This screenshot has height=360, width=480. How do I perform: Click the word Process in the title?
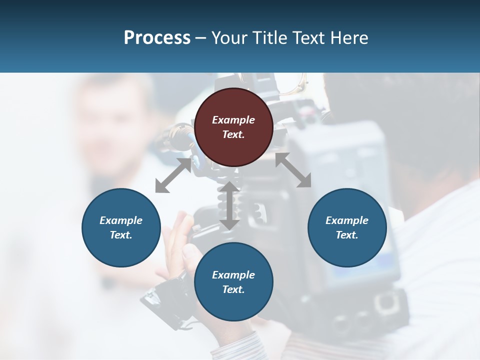pos(157,37)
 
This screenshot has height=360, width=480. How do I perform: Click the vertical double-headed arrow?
pos(229,205)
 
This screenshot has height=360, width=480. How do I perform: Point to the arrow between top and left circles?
pos(173,175)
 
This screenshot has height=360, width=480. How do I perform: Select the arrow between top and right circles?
pos(293,170)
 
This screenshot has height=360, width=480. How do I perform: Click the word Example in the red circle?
pos(233,120)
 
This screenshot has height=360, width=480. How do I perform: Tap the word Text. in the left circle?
pos(121,235)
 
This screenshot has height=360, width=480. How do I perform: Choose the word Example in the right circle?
pos(347,220)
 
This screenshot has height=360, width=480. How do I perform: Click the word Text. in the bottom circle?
pos(233,289)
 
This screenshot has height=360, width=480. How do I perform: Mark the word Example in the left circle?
pos(121,220)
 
